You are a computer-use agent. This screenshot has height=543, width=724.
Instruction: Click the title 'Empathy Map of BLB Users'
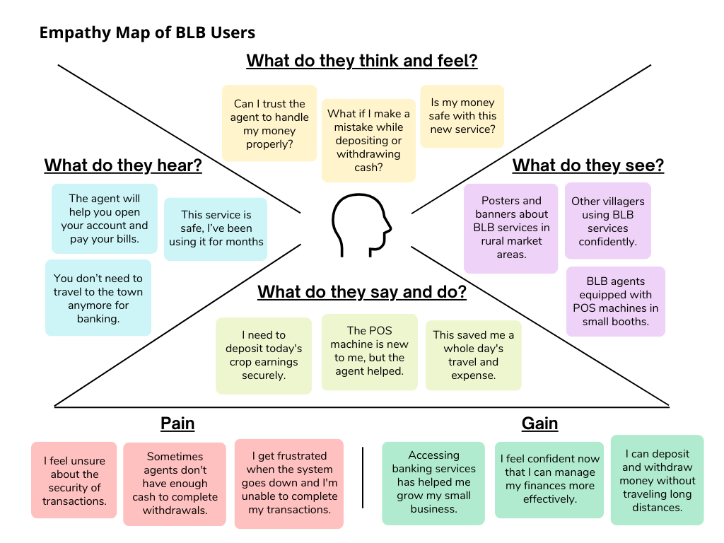(x=147, y=33)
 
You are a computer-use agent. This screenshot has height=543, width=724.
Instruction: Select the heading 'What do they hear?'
(x=123, y=165)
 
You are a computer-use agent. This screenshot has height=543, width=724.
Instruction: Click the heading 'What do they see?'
(x=588, y=165)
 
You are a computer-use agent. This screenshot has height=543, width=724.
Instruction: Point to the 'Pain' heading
(x=177, y=424)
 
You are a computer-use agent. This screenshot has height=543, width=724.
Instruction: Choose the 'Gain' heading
(x=539, y=424)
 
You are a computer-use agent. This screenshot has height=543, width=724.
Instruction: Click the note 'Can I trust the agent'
(x=269, y=124)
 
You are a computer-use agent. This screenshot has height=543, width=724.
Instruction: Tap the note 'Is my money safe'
(x=462, y=117)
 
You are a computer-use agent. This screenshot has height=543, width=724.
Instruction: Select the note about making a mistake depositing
(x=368, y=141)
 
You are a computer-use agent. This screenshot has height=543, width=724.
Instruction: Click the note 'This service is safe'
(x=216, y=228)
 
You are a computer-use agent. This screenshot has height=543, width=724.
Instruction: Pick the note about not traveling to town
(x=98, y=298)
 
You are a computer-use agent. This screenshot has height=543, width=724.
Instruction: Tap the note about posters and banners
(x=511, y=228)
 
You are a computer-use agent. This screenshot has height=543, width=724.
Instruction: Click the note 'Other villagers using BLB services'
(x=607, y=221)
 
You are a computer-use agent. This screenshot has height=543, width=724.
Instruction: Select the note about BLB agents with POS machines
(x=615, y=301)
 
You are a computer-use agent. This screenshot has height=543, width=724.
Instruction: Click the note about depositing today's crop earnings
(x=264, y=356)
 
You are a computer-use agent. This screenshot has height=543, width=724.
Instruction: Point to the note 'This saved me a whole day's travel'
(x=473, y=355)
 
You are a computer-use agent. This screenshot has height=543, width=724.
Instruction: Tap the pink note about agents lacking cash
(x=175, y=484)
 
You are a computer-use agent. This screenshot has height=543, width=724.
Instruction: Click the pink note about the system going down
(x=288, y=484)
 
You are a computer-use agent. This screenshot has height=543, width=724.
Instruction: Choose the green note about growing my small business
(x=433, y=483)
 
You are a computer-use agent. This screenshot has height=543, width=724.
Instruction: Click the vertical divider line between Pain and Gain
(x=363, y=477)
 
